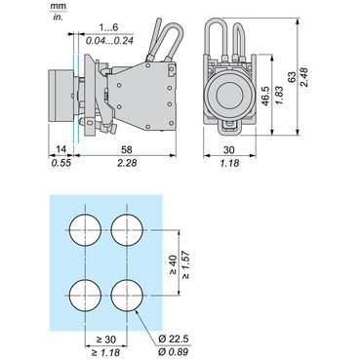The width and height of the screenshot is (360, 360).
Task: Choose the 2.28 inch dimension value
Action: [127, 161]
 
